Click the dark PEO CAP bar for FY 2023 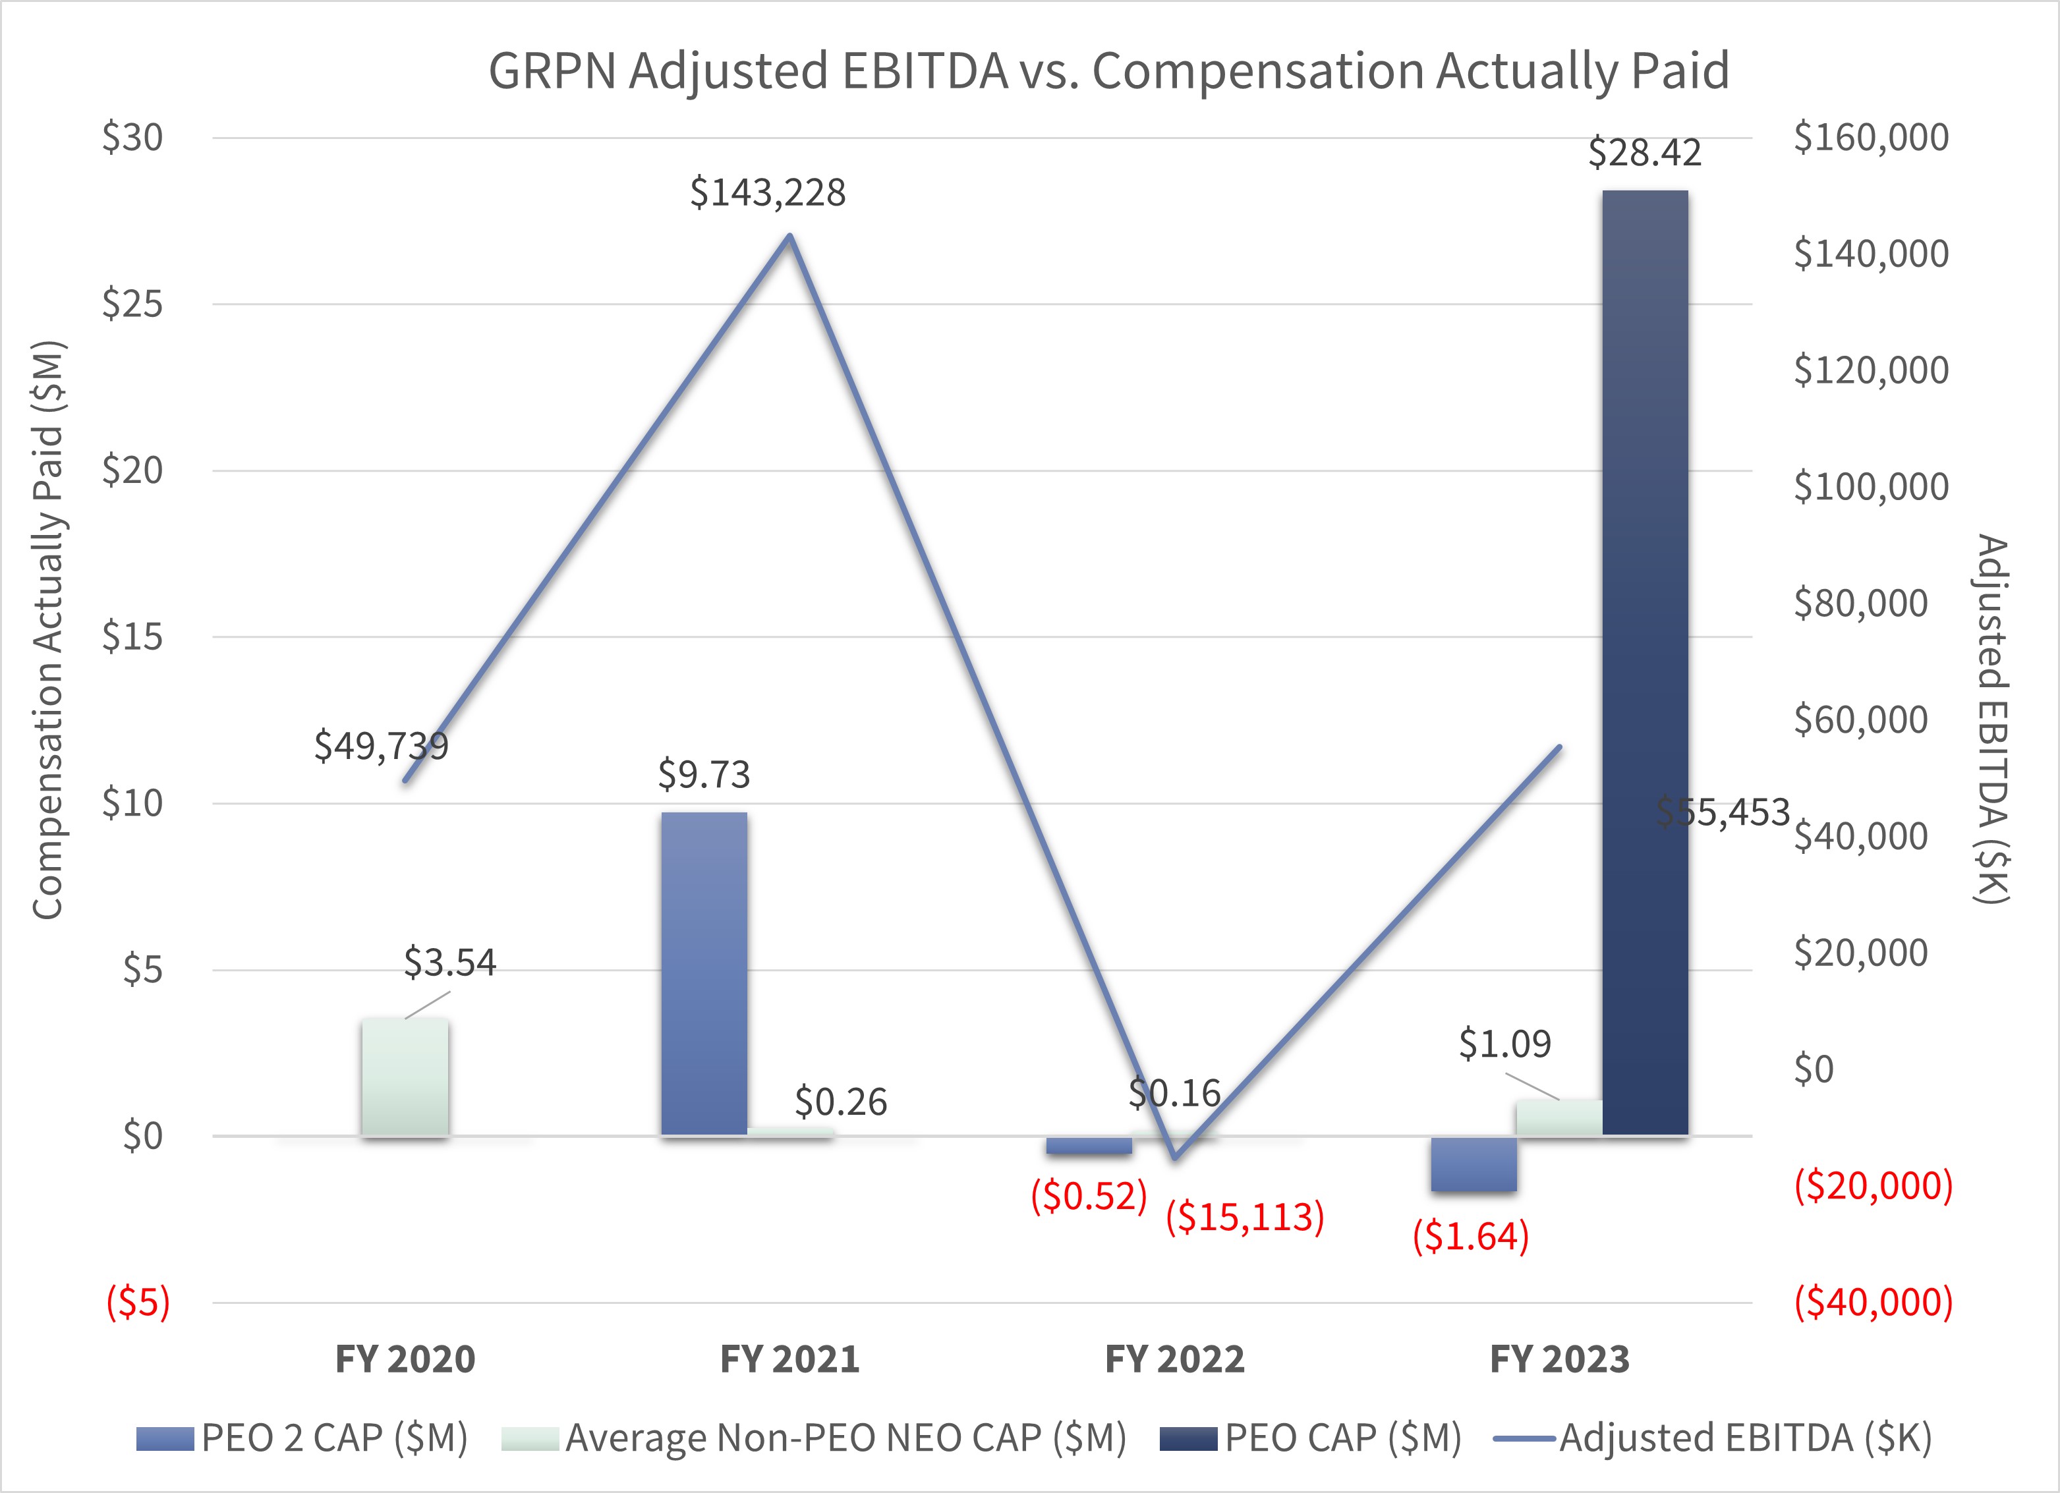coord(1645,663)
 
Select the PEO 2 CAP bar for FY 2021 coord(704,974)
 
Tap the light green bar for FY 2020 coord(405,1077)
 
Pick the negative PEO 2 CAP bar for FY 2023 coord(1473,1164)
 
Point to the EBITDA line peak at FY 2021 coord(789,236)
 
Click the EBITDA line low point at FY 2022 coord(1174,1157)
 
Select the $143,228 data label coord(768,192)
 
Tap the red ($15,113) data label coord(1244,1216)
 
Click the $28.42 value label coord(1644,153)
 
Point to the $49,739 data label coord(382,746)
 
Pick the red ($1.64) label coord(1470,1236)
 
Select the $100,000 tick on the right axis coord(1870,487)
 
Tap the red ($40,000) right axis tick coord(1873,1301)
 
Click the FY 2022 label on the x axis coord(1174,1359)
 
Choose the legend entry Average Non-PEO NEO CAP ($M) coord(845,1438)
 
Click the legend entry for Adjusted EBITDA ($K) coord(1744,1438)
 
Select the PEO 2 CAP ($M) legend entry coord(333,1438)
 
